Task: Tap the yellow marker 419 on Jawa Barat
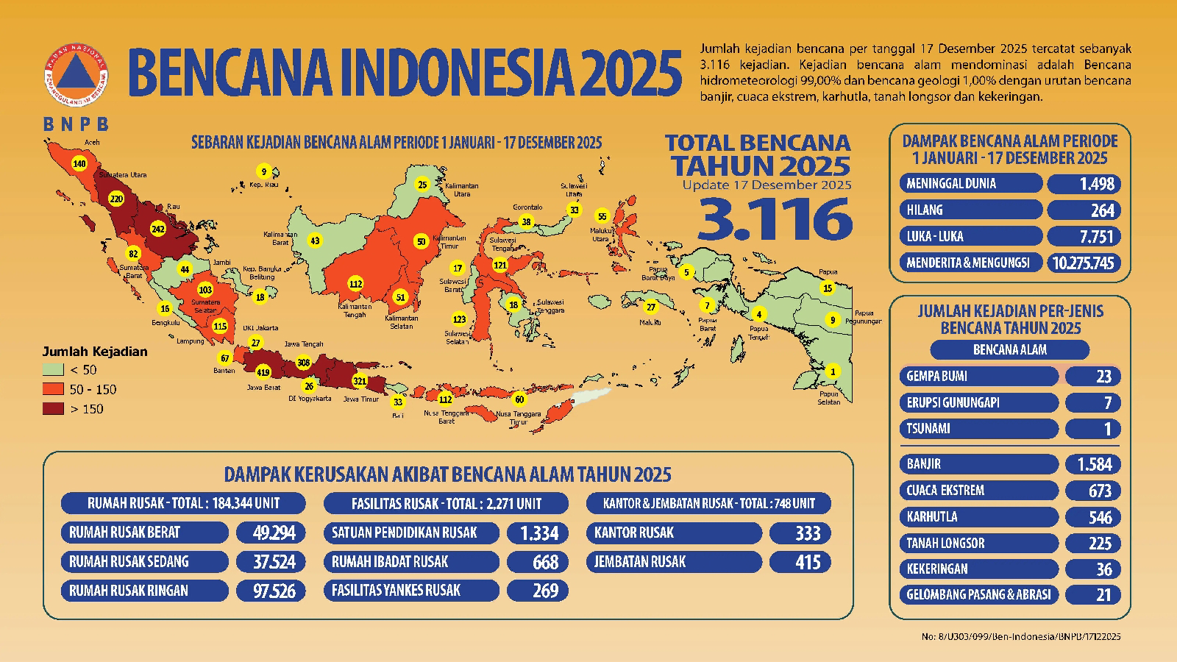coord(263,372)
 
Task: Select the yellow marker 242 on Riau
coord(157,229)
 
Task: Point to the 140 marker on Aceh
coord(79,163)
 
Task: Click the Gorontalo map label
coord(527,207)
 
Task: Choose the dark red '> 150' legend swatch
coord(53,409)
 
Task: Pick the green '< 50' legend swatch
coord(53,370)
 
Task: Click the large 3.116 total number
coord(775,218)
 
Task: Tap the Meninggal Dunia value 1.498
coord(1084,183)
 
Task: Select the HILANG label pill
coord(970,210)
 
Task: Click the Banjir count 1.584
coord(1092,464)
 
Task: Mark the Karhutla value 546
coord(1092,517)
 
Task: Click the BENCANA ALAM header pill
coord(1009,350)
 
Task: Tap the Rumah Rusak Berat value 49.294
coord(269,533)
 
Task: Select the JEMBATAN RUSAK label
coord(673,562)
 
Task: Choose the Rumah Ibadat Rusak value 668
coord(538,563)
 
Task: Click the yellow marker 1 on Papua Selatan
coord(833,371)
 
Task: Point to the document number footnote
coord(1020,636)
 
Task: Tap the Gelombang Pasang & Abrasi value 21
coord(1092,594)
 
